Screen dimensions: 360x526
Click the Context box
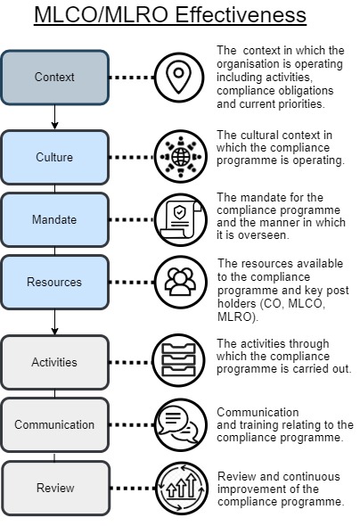point(54,78)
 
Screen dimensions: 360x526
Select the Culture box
point(54,157)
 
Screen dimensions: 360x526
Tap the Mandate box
point(54,219)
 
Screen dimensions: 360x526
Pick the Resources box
point(54,282)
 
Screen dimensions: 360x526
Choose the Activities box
point(54,362)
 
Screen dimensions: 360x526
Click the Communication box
point(54,424)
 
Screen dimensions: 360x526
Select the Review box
point(55,488)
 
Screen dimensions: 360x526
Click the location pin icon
point(179,78)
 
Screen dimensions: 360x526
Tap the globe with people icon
point(181,157)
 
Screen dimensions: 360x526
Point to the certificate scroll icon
point(181,219)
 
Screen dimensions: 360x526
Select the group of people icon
point(181,282)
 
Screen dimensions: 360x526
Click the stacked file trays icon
point(178,361)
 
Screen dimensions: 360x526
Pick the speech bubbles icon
point(181,424)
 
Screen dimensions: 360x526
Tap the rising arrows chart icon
point(182,488)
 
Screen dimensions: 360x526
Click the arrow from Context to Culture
point(54,117)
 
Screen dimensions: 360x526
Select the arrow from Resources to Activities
point(54,322)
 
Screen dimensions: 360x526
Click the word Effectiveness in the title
point(241,15)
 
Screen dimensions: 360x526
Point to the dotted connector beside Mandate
point(132,219)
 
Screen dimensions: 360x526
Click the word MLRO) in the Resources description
point(238,316)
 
